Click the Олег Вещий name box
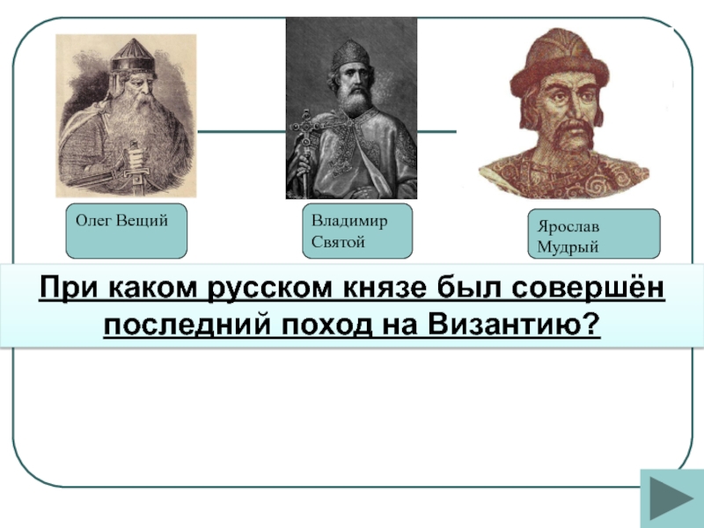tap(126, 231)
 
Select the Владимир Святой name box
tap(357, 231)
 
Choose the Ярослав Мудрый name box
tap(593, 233)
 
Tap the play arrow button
tap(671, 498)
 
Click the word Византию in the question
tap(514, 324)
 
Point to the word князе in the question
tap(385, 289)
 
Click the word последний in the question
tap(187, 324)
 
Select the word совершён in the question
tap(588, 288)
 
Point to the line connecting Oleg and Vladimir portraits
tap(241, 131)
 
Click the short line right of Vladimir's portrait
tap(436, 131)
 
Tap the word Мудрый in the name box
tap(568, 247)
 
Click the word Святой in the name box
tap(338, 243)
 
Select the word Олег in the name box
tap(93, 221)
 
